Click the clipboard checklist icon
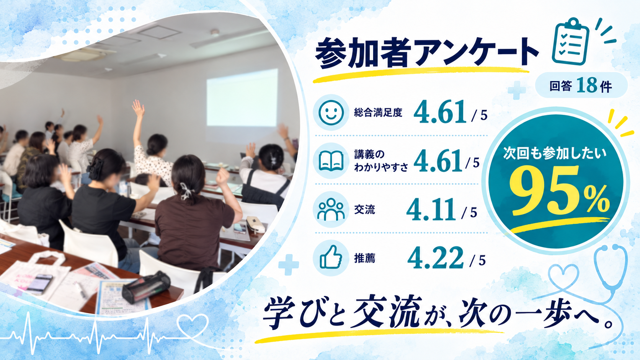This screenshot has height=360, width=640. click(x=570, y=42)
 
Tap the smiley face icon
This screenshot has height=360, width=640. click(x=331, y=112)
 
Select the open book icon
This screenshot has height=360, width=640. click(x=331, y=161)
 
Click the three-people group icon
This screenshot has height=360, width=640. click(x=331, y=209)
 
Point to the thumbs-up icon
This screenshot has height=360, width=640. click(x=331, y=258)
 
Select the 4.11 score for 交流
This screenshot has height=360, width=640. click(x=431, y=210)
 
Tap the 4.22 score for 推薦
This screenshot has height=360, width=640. click(x=436, y=258)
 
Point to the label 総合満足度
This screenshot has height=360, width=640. click(x=378, y=112)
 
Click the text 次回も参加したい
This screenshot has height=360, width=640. click(x=555, y=153)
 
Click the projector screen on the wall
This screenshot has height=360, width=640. click(x=242, y=97)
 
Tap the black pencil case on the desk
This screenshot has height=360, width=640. click(x=146, y=287)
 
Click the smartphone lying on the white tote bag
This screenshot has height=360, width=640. click(x=40, y=284)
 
